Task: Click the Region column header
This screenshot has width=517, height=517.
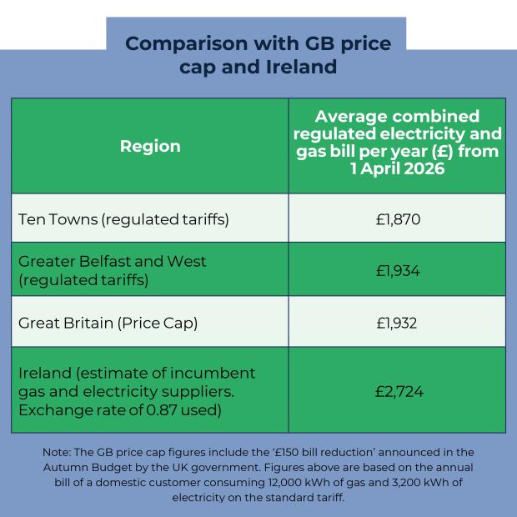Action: click(x=150, y=146)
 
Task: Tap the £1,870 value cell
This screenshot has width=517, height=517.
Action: click(x=397, y=220)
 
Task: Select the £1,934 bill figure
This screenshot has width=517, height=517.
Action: click(x=397, y=270)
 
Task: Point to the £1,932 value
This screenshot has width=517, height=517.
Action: click(x=397, y=322)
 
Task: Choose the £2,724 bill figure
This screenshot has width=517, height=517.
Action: click(x=397, y=390)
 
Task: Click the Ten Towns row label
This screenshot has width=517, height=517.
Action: click(x=123, y=220)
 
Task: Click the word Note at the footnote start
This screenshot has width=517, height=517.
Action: click(x=58, y=452)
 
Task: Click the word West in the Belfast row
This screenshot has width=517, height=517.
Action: click(x=184, y=261)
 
